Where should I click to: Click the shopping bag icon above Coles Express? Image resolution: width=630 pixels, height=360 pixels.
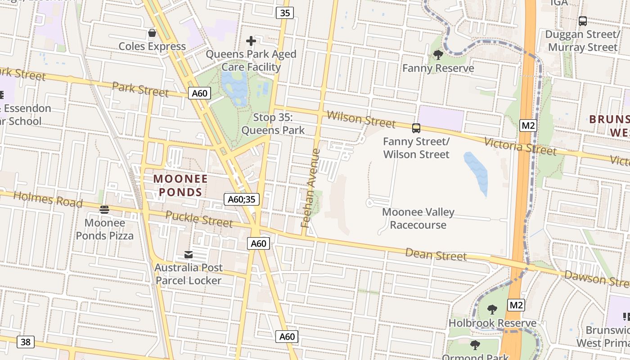click(152, 33)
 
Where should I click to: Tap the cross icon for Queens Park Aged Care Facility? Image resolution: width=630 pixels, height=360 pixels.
click(251, 41)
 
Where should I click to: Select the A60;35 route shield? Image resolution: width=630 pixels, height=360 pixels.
click(242, 199)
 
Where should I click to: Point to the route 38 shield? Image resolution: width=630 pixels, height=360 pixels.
click(26, 342)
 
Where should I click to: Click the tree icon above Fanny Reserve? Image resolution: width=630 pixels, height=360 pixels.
click(438, 55)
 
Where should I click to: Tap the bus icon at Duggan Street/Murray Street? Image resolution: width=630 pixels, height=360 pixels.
click(583, 21)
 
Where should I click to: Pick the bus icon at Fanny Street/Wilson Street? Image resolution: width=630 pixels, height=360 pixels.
click(416, 128)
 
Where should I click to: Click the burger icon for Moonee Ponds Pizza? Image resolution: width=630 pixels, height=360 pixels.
click(104, 209)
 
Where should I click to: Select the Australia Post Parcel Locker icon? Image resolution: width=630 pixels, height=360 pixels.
click(189, 255)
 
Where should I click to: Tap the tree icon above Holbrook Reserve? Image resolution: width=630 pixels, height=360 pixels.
click(492, 310)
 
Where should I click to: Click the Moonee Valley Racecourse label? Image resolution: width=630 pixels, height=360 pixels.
click(418, 219)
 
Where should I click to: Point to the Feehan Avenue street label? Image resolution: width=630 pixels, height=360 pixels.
click(311, 188)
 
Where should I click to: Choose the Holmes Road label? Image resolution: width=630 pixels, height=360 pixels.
click(48, 199)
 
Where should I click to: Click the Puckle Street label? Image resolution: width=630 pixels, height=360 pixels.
click(199, 219)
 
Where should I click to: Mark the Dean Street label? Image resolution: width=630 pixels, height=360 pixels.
click(436, 254)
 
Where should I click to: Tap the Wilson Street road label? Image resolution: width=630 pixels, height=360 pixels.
click(361, 119)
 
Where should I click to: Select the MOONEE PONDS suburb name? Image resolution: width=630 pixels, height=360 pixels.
click(181, 185)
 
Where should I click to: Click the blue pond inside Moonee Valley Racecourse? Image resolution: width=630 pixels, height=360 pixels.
click(477, 173)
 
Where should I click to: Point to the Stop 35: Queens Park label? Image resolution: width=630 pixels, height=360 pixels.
click(273, 124)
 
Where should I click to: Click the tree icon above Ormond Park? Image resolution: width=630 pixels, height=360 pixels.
click(475, 345)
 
